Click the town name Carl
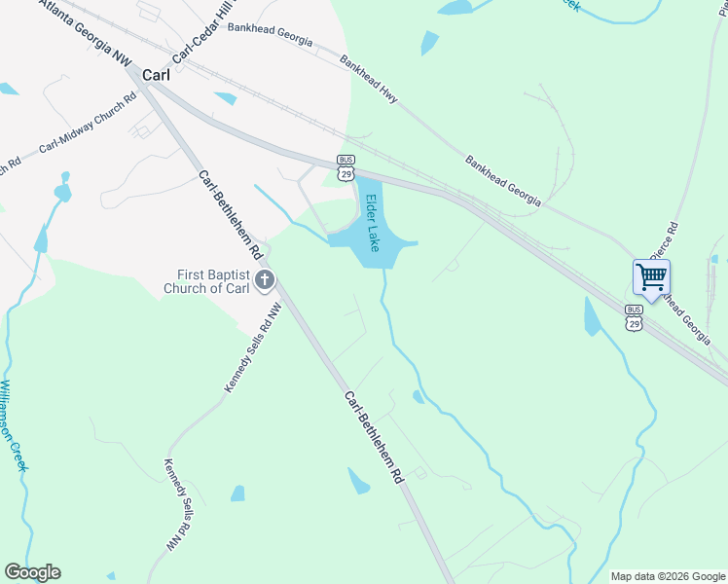coord(156,74)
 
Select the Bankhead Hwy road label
coord(369,78)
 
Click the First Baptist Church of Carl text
coord(207,281)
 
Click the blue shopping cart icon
coord(651,276)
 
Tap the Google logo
coord(32,572)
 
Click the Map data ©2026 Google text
coord(667,576)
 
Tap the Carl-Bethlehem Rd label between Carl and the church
coord(232,215)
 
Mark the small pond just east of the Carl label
coord(226,98)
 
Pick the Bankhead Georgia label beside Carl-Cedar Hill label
coord(270,34)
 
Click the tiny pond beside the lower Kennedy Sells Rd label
coord(237,493)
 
